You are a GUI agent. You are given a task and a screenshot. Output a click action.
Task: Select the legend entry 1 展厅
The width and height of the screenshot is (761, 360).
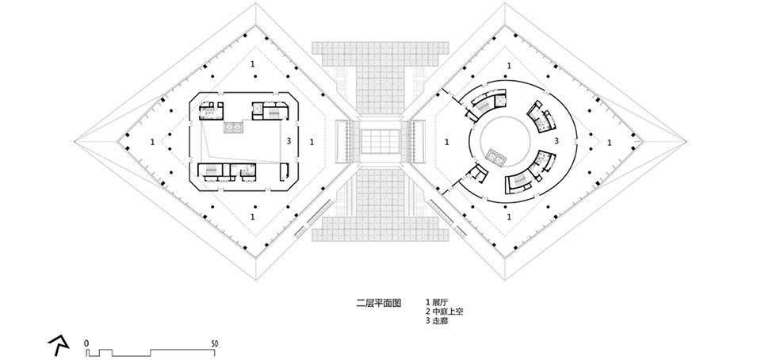[x=438, y=303]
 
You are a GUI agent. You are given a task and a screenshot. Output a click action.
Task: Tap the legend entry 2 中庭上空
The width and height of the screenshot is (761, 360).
[x=444, y=312]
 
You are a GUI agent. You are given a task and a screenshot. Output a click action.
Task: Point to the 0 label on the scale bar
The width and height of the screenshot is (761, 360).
[x=87, y=343]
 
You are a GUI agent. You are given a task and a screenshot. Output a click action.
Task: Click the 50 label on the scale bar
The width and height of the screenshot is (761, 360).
[x=216, y=343]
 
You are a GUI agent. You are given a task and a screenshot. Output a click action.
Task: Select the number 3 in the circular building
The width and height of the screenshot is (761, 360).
[x=557, y=141]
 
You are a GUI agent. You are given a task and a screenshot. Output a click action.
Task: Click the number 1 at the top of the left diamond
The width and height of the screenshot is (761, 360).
[x=253, y=63]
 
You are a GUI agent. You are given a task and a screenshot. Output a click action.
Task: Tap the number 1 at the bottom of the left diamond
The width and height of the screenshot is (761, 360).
[x=253, y=216]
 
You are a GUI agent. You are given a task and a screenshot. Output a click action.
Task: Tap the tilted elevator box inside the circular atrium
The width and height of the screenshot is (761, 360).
[x=497, y=155]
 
